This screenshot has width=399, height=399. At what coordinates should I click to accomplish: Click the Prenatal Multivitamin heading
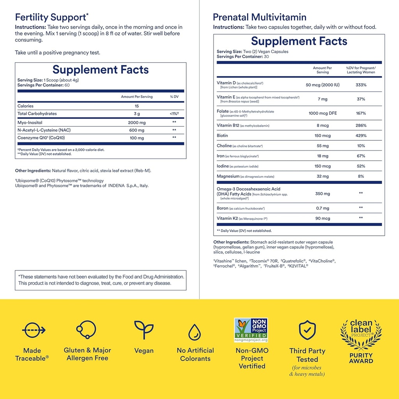260,18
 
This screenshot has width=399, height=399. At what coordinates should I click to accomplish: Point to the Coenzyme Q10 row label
41,138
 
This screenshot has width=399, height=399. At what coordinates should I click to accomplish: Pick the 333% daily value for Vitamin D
361,85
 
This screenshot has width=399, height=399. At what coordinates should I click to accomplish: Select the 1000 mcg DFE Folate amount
322,113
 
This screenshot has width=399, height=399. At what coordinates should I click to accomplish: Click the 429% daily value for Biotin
361,136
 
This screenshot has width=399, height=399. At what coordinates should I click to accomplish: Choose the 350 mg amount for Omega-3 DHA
322,193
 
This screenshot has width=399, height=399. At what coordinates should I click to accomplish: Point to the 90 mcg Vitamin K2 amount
322,218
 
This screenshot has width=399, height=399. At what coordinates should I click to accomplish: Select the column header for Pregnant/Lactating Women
361,70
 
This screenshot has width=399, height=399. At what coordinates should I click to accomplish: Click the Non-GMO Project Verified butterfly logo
251,330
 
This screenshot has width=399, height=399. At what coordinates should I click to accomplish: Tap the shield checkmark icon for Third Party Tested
307,330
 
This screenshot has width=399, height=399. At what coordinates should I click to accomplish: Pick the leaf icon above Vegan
144,330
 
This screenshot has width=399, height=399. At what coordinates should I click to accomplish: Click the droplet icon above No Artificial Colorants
195,332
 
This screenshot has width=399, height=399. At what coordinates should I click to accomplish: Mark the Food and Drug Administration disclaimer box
101,280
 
